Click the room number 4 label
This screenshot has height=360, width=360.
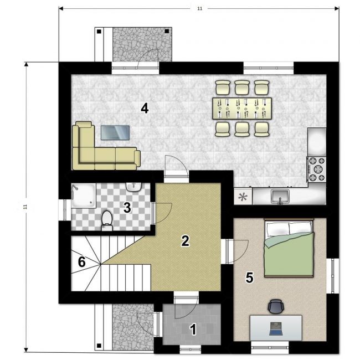pyautogui.click(x=145, y=108)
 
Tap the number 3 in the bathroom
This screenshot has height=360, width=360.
pyautogui.click(x=127, y=208)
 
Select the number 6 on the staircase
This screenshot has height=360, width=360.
pyautogui.click(x=82, y=262)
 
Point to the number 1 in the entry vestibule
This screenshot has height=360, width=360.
pyautogui.click(x=193, y=330)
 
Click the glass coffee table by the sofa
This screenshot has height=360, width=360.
pyautogui.click(x=115, y=132)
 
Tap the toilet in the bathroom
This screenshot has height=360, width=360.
pyautogui.click(x=107, y=220)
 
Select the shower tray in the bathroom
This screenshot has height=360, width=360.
pyautogui.click(x=83, y=196)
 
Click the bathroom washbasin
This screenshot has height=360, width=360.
pyautogui.click(x=133, y=187)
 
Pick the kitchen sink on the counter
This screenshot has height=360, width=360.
pyautogui.click(x=280, y=197)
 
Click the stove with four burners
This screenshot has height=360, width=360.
pyautogui.click(x=317, y=169)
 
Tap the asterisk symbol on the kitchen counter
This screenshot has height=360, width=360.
pyautogui.click(x=243, y=197)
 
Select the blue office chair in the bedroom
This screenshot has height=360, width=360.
pyautogui.click(x=276, y=306)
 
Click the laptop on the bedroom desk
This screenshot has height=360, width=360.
pyautogui.click(x=276, y=328)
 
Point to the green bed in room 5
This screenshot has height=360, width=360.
pyautogui.click(x=289, y=249)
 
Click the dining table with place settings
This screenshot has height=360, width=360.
pyautogui.click(x=242, y=109)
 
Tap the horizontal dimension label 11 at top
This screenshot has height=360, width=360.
pyautogui.click(x=200, y=8)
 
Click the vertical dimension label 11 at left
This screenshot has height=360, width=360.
pyautogui.click(x=26, y=207)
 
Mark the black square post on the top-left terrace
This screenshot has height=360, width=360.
pyautogui.click(x=99, y=32)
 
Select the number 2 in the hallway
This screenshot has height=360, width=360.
pyautogui.click(x=185, y=241)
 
